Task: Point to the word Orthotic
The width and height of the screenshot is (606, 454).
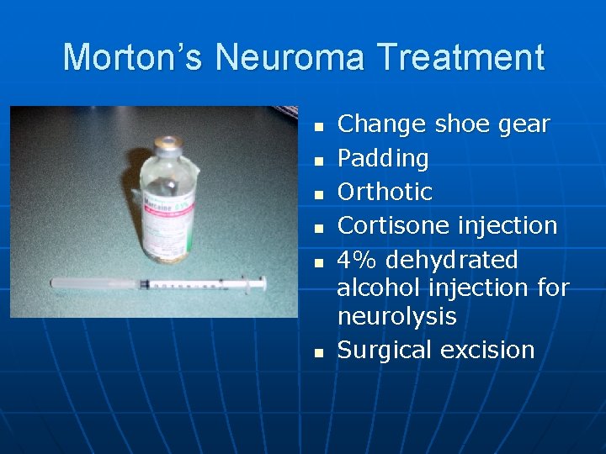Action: pyautogui.click(x=385, y=192)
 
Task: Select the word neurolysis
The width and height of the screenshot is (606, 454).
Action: pyautogui.click(x=396, y=316)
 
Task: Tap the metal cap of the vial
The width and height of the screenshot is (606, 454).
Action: pyautogui.click(x=169, y=144)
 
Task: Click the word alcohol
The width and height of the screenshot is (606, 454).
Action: pyautogui.click(x=375, y=288)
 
